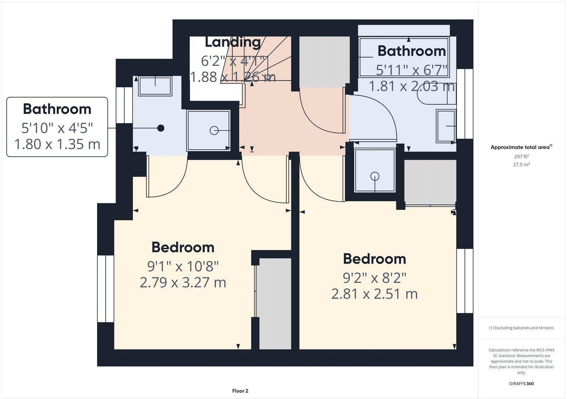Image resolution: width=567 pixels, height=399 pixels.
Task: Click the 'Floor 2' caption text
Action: click(240, 391)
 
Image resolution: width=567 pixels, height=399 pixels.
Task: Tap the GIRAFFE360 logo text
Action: click(521, 383)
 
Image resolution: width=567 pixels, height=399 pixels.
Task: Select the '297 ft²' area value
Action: click(521, 156)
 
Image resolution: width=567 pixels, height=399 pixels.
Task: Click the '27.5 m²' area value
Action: click(521, 164)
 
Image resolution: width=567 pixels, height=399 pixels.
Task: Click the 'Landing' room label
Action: click(233, 42)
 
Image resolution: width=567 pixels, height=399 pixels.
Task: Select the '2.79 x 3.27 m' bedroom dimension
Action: click(183, 283)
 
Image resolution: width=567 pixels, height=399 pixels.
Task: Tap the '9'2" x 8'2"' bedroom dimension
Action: click(374, 278)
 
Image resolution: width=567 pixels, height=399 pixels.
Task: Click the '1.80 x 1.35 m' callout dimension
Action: click(57, 144)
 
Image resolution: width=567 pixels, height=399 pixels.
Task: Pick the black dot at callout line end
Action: click(161, 128)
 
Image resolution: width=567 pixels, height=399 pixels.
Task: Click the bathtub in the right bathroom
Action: click(404, 57)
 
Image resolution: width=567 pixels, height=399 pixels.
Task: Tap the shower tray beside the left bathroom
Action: click(209, 130)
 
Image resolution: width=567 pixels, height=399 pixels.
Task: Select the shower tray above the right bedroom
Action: click(375, 170)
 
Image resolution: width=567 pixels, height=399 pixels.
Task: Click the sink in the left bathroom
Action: click(155, 86)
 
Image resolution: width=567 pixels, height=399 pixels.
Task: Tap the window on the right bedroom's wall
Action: click(465, 281)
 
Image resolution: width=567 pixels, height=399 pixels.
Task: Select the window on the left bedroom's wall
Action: click(106, 289)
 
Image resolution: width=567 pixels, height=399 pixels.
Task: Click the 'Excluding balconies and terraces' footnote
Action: click(521, 328)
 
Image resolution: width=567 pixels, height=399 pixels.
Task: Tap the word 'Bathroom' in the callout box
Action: click(57, 109)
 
